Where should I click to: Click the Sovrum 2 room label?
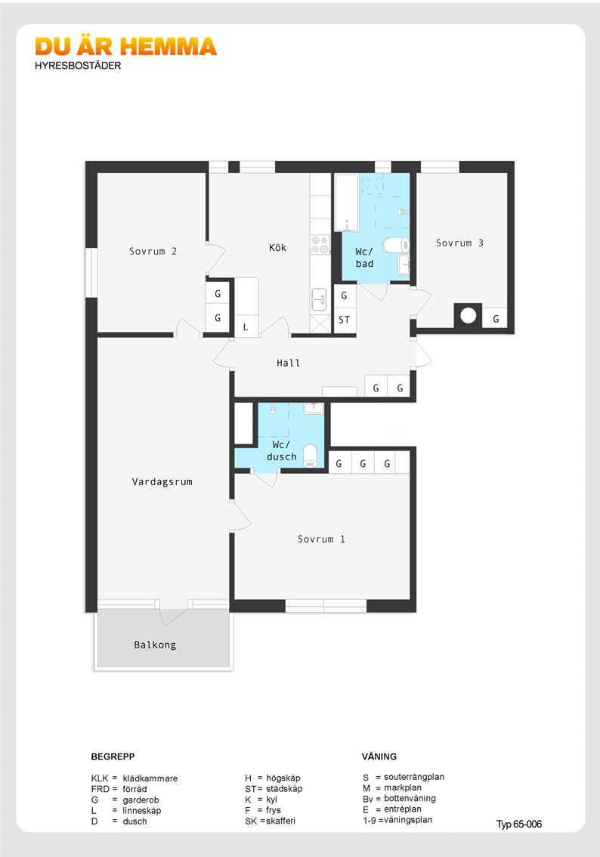pos(153,252)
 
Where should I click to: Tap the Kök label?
pos(277,248)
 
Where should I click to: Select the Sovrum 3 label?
pos(459,243)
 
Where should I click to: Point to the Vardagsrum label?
pos(162,481)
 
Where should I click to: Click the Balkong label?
pos(155,645)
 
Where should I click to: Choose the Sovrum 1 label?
pos(321,539)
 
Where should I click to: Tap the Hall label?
pos(288,363)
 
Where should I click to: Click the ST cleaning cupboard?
pos(345,320)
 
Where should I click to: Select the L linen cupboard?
pos(246,326)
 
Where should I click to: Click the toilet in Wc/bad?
pos(396,245)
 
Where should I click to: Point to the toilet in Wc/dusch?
pos(311,456)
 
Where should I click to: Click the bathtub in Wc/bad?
pos(346,203)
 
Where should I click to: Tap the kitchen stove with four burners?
pos(320,245)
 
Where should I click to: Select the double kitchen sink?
pos(319,299)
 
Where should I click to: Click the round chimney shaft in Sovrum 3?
pos(468,315)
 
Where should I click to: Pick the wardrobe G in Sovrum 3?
pos(495,318)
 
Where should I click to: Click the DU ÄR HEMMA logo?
pos(125,48)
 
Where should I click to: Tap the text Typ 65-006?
pos(519,825)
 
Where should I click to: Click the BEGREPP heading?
pos(113,756)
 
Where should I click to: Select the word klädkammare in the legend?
pos(150,778)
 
